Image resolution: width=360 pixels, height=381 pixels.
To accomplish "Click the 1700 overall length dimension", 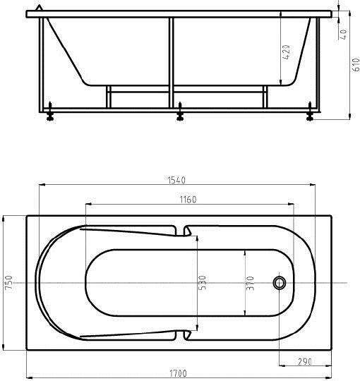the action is pyautogui.click(x=178, y=373).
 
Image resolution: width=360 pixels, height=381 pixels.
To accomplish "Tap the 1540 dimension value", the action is pyautogui.click(x=176, y=181).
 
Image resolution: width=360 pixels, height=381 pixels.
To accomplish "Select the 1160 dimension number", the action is pyautogui.click(x=188, y=200).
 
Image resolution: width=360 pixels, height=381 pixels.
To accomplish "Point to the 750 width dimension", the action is pyautogui.click(x=9, y=282).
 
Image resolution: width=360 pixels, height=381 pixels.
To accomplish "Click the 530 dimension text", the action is pyautogui.click(x=203, y=283).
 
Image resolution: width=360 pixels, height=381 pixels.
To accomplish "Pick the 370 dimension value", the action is pyautogui.click(x=250, y=283).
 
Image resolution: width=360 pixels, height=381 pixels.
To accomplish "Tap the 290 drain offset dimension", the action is pyautogui.click(x=304, y=362).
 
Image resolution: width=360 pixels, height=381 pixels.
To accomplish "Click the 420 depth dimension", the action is pyautogui.click(x=287, y=52).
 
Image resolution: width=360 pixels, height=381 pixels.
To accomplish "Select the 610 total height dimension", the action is pyautogui.click(x=356, y=65).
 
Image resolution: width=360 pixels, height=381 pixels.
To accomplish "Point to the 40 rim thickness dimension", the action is pyautogui.click(x=344, y=35).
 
